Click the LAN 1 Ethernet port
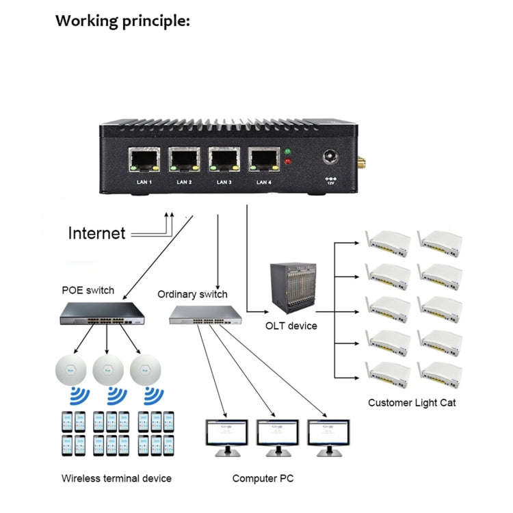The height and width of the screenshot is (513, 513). click(144, 161)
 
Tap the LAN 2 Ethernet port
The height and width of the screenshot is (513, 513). click(184, 161)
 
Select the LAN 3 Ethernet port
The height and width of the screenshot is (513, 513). click(224, 161)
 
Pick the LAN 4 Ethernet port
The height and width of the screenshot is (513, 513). click(263, 161)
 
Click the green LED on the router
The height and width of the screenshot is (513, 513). click(288, 152)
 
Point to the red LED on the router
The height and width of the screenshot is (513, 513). click(288, 163)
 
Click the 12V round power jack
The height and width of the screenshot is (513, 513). click(331, 158)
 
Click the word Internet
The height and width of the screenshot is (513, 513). click(96, 233)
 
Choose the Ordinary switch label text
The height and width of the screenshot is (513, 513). click(192, 295)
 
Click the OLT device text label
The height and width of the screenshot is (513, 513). click(291, 326)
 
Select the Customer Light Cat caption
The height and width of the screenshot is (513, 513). click(412, 403)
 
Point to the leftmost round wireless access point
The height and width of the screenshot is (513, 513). click(72, 371)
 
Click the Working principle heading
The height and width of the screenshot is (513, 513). click(122, 21)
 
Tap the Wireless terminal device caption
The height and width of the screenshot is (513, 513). click(116, 478)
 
